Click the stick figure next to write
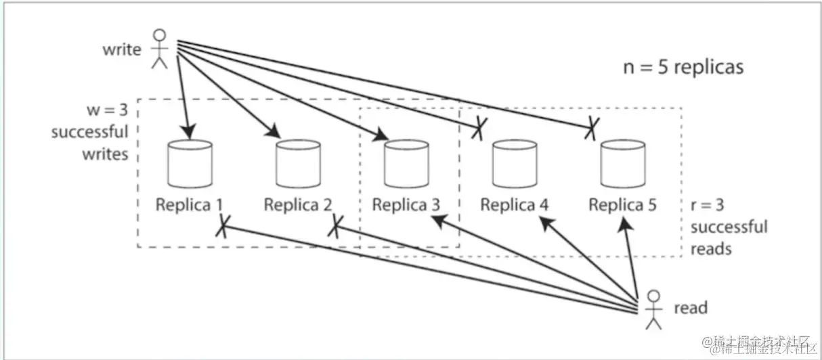(x=160, y=48)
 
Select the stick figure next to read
(x=653, y=309)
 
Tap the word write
(x=122, y=49)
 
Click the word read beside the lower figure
(x=691, y=309)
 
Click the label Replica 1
(x=190, y=204)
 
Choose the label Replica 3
(x=406, y=204)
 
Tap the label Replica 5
(x=622, y=204)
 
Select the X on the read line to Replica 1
(x=221, y=229)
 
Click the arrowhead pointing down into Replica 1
(x=188, y=131)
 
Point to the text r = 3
(x=708, y=204)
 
